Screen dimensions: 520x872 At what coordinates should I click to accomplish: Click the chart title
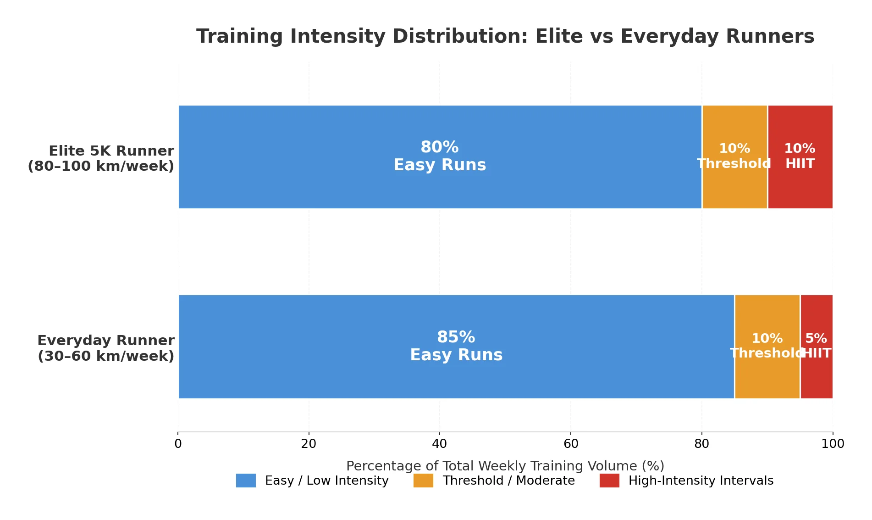[x=505, y=36]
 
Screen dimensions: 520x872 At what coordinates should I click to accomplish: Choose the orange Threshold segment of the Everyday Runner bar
[x=767, y=376]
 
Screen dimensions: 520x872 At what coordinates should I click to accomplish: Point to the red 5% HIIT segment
[x=816, y=376]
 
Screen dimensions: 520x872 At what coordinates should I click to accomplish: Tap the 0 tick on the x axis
[x=178, y=444]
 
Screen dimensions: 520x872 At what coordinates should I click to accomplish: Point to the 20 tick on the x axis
[x=309, y=444]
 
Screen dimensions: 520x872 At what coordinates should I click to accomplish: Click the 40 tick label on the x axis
[x=439, y=444]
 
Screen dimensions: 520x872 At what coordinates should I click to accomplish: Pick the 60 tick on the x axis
[x=571, y=444]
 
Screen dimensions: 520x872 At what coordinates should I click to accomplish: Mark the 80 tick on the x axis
[x=701, y=444]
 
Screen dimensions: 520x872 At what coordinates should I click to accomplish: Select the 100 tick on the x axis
[x=833, y=444]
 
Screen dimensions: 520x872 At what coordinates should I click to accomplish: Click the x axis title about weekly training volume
[x=505, y=466]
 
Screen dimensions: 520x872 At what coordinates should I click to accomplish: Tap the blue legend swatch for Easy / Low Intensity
[x=246, y=481]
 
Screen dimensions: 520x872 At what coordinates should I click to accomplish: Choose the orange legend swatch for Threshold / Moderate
[x=423, y=481]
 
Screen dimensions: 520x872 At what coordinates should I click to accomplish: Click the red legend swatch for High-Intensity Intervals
[x=609, y=481]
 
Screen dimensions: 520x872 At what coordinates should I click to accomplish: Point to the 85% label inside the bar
[x=456, y=337]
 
